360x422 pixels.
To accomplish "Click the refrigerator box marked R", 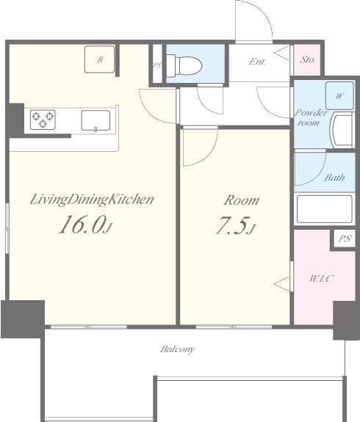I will click(99, 59).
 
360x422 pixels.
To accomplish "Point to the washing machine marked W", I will click(339, 96).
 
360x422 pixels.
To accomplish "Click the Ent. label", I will click(257, 62).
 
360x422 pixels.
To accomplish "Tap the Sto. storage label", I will click(308, 60).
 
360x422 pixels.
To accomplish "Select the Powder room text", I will click(310, 117).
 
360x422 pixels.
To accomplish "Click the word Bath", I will click(334, 178).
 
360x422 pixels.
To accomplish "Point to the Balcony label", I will click(178, 349).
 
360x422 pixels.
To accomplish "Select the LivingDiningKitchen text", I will click(92, 199).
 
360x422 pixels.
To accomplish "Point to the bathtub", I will click(324, 209).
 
